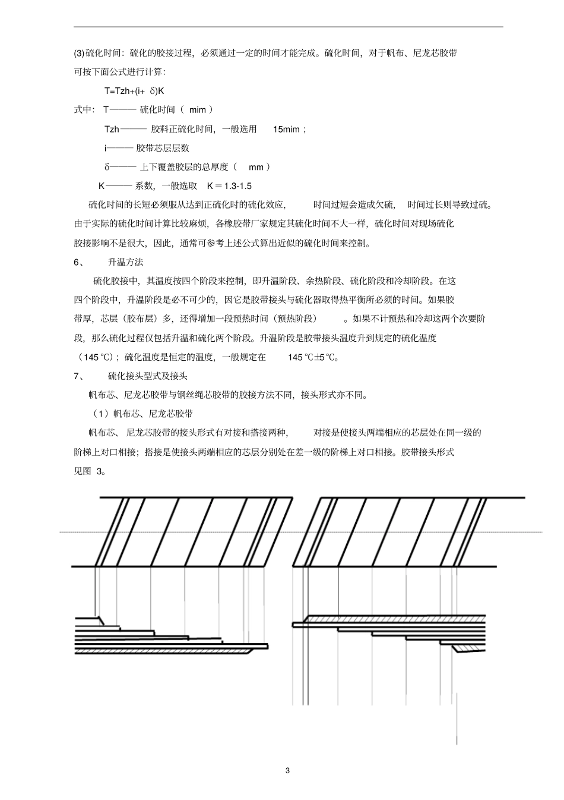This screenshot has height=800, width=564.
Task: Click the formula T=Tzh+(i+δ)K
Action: click(x=134, y=91)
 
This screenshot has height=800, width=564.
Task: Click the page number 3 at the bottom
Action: click(x=288, y=771)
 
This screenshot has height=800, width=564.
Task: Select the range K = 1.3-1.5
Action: click(x=229, y=186)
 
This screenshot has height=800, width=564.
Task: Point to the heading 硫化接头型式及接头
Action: click(x=148, y=376)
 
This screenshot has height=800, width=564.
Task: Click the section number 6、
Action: click(x=79, y=262)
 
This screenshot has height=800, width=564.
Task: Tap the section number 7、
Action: click(x=79, y=376)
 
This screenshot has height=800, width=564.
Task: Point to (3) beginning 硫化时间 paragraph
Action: click(x=80, y=53)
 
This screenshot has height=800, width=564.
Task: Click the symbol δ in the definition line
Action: click(x=107, y=167)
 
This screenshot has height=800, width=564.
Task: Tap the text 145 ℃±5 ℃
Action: click(x=313, y=357)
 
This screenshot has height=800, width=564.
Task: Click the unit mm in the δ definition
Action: click(x=255, y=167)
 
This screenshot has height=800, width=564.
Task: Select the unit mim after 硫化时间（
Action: click(x=197, y=110)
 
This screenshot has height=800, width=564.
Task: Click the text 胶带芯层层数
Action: click(x=163, y=148)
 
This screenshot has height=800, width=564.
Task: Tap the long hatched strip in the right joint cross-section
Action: click(x=392, y=619)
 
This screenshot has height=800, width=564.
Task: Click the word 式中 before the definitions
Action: click(x=83, y=110)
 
